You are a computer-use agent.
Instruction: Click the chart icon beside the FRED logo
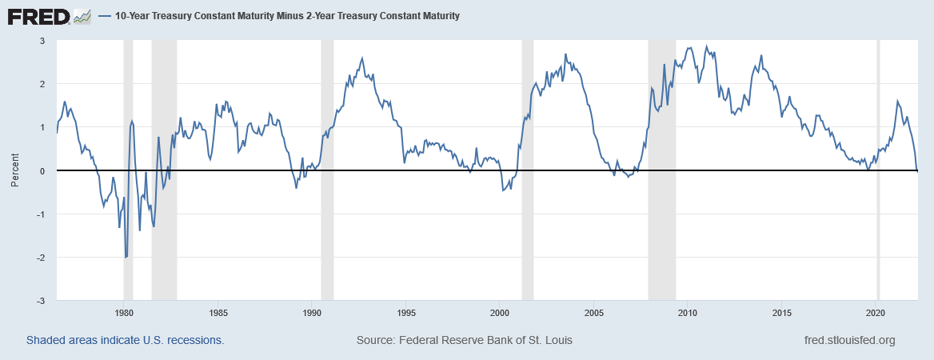point(82,15)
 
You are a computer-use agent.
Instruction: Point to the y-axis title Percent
point(14,170)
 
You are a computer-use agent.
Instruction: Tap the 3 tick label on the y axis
point(42,41)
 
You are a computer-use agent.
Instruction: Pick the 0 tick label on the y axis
point(42,171)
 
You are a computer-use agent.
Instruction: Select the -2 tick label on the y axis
point(40,258)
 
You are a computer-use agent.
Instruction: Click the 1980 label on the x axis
point(123,312)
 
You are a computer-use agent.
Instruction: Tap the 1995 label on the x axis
point(406,312)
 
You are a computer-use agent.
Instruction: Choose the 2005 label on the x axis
point(594,312)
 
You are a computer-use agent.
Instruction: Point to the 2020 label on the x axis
point(876,312)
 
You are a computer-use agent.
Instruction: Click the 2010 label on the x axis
point(688,312)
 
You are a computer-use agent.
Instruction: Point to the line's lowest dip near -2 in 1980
point(126,257)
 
